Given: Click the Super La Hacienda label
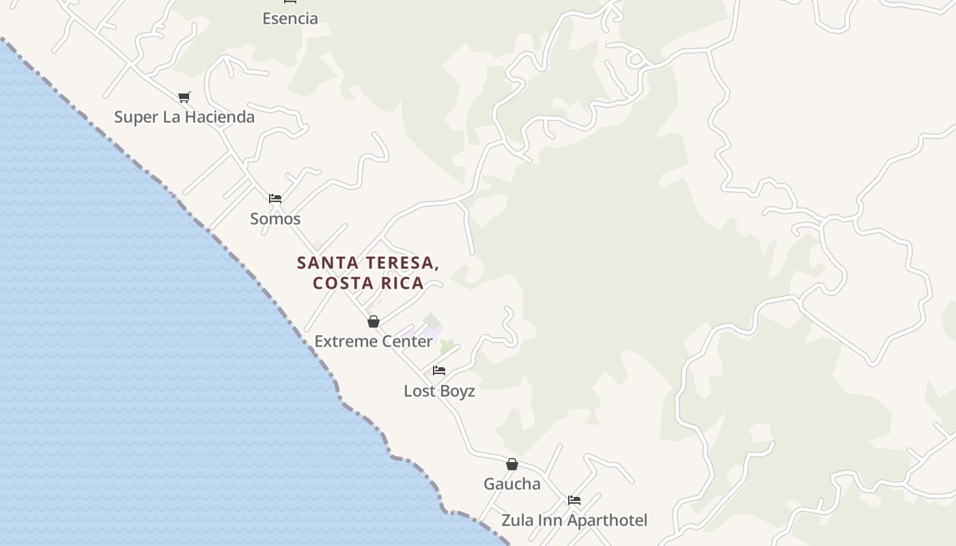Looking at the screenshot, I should point(184,117).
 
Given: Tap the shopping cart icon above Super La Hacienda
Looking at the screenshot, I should point(184,98).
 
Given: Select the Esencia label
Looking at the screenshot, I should point(290,18).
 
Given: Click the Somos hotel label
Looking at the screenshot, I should point(275,218).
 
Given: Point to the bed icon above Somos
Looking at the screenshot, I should point(275,199).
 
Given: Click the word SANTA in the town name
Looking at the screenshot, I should point(326,263).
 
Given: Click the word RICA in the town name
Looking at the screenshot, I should point(402,283).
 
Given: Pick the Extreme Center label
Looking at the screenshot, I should point(374,341).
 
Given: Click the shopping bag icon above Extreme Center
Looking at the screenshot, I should point(374,321).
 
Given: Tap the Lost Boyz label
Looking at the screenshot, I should point(439,391).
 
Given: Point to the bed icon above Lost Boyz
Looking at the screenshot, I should point(439,371).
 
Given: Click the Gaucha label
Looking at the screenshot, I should point(512,484).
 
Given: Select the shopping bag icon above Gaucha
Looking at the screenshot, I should point(512,464).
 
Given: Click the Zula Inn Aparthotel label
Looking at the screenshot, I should point(574,520).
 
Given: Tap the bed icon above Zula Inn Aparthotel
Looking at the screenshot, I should point(574,500).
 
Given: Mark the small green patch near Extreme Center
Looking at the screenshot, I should point(447,346).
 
